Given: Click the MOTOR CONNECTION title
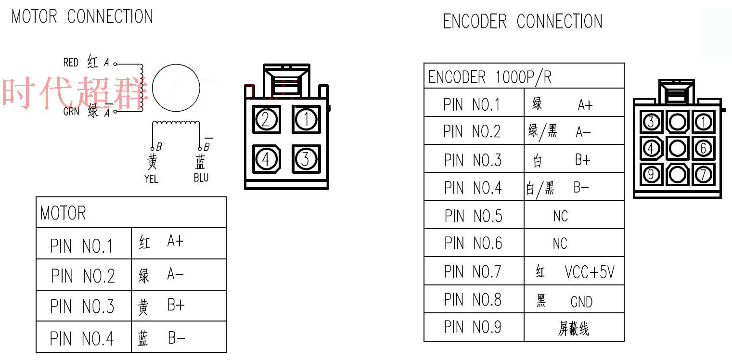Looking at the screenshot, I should click(x=82, y=16).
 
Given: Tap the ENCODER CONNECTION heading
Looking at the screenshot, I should click(x=522, y=22).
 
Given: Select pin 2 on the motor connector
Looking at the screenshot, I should click(x=266, y=119).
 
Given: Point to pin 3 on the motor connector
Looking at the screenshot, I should click(x=306, y=159).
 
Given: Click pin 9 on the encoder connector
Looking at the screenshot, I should click(x=651, y=174).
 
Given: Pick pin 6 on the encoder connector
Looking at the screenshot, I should click(x=703, y=148).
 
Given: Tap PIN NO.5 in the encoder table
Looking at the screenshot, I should click(x=473, y=216).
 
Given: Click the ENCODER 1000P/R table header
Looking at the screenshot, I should click(x=490, y=77).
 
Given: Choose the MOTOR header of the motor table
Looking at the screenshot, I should click(x=63, y=213).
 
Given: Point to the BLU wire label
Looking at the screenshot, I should click(x=201, y=178).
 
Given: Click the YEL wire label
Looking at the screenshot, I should click(x=151, y=179).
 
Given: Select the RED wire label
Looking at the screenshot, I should click(x=71, y=63).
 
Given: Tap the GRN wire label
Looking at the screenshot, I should click(x=71, y=112).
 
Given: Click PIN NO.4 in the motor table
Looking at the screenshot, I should click(x=82, y=339).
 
